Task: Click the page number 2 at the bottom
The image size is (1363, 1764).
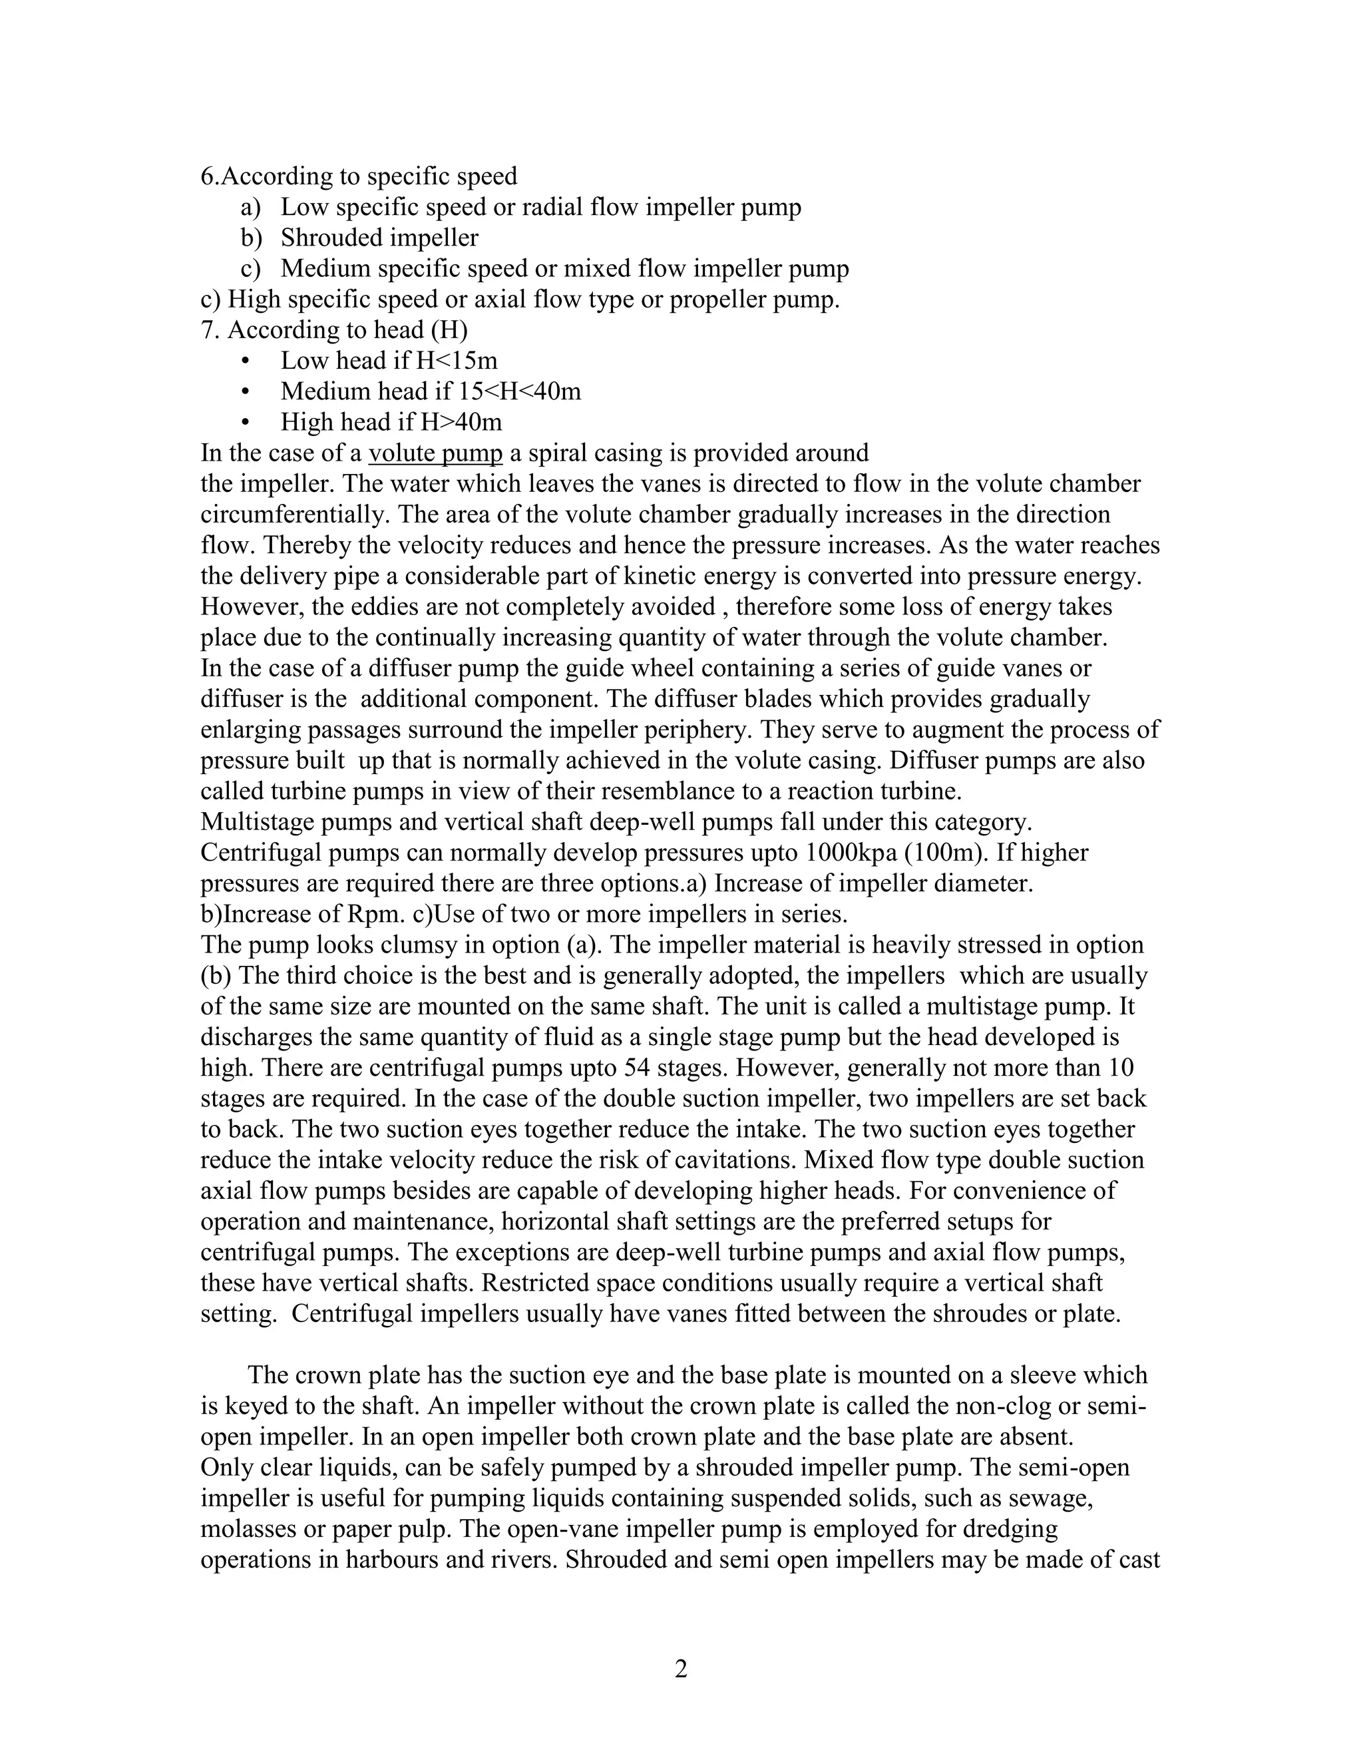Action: tap(681, 1668)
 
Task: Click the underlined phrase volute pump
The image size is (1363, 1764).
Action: tap(435, 453)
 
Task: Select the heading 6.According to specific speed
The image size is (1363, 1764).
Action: tap(359, 176)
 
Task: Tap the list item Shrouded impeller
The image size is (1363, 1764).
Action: tap(379, 238)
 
